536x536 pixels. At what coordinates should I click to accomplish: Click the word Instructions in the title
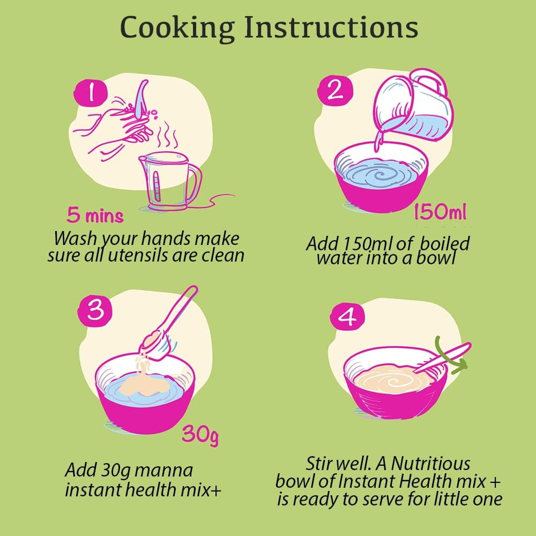point(331,27)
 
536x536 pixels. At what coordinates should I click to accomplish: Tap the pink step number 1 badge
point(91,93)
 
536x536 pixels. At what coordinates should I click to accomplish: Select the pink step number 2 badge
point(334,90)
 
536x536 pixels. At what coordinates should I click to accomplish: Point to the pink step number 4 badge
point(347,317)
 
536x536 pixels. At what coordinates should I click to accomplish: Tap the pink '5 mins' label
point(95,215)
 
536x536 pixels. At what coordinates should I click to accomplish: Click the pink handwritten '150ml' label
point(440,212)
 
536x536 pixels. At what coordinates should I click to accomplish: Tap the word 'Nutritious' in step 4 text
point(430,464)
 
